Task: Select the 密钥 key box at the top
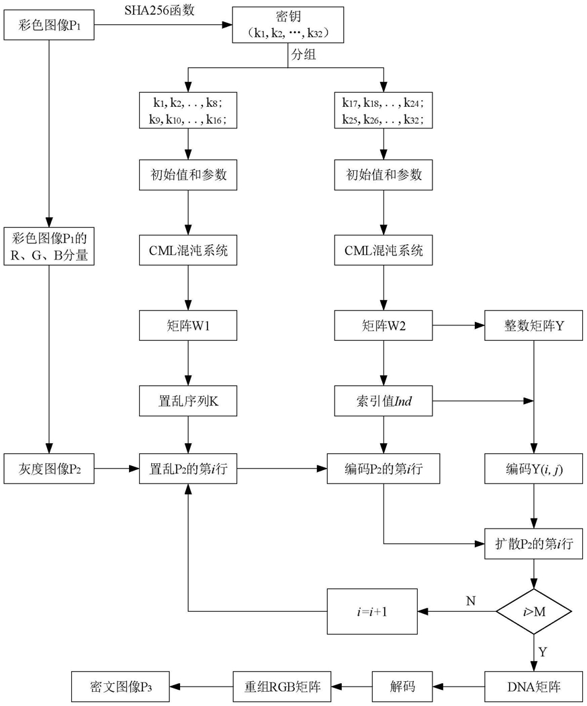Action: coord(288,25)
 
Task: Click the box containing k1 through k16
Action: coord(188,110)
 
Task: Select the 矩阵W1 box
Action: coord(188,326)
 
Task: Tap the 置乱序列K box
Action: coord(188,401)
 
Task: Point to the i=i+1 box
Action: coord(372,611)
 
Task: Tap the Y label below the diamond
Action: coord(543,650)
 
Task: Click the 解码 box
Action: coord(402,687)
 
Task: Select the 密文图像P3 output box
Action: coord(121,687)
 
